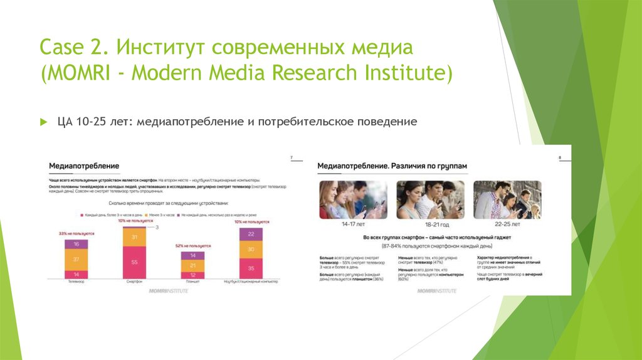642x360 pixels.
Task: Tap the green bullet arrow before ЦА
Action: [43, 122]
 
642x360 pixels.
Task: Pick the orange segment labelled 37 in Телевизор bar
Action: [76, 259]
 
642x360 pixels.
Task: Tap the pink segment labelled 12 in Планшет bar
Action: [193, 275]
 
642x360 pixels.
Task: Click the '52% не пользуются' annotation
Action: [193, 246]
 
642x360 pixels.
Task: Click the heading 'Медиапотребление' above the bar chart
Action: [84, 166]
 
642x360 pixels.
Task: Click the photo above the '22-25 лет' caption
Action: [507, 200]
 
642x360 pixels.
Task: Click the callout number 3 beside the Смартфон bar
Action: [157, 227]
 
